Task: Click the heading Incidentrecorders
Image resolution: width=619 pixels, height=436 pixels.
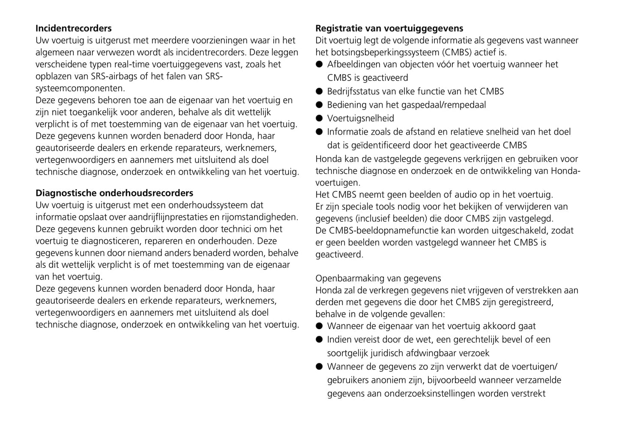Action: tap(73, 28)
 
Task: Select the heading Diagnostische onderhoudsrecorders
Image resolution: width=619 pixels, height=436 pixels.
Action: tap(114, 193)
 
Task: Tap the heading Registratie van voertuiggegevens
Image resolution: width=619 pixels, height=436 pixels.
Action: tap(389, 28)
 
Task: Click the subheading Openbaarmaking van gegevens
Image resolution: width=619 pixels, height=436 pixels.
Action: tap(378, 279)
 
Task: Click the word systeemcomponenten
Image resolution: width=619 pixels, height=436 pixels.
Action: tap(80, 88)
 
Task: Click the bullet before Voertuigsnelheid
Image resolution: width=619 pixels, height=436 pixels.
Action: tap(319, 119)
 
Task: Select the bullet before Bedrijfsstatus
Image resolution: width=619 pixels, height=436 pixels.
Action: tap(319, 92)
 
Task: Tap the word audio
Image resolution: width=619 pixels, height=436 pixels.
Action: tap(466, 195)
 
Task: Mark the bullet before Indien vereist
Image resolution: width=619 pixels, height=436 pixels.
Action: tap(319, 340)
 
